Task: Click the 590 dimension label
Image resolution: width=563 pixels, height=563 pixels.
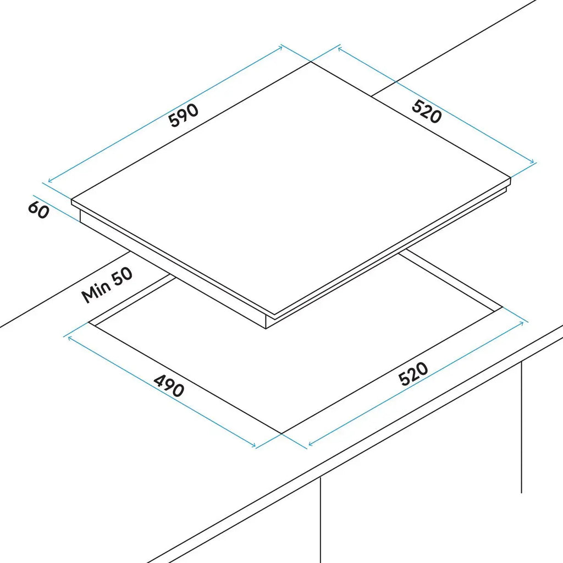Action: coord(184,115)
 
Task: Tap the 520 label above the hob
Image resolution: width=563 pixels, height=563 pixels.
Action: coord(427,112)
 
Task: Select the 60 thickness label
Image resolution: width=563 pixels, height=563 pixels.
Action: coord(38,209)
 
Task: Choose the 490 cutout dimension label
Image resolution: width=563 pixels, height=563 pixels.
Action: coord(169,386)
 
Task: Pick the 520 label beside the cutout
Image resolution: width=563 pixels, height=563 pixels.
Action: coord(413,374)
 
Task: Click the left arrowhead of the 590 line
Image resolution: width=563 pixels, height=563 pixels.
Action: coord(50,181)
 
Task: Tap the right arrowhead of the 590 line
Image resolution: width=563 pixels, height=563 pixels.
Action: coord(280,47)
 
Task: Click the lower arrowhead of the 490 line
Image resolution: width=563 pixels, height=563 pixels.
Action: coord(253,445)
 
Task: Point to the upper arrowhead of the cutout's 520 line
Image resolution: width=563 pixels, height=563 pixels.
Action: coord(521,323)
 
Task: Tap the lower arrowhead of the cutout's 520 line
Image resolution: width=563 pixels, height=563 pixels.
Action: coord(311,444)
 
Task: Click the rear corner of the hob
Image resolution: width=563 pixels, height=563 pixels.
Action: coord(311,62)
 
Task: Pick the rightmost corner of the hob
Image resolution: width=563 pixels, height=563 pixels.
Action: coord(510,178)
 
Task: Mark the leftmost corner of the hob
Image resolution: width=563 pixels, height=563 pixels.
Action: coord(71,200)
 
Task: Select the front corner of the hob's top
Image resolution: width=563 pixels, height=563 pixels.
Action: coord(274,315)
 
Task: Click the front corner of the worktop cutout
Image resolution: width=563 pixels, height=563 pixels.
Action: coord(282,433)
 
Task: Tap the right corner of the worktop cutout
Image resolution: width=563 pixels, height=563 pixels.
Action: coord(503,307)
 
